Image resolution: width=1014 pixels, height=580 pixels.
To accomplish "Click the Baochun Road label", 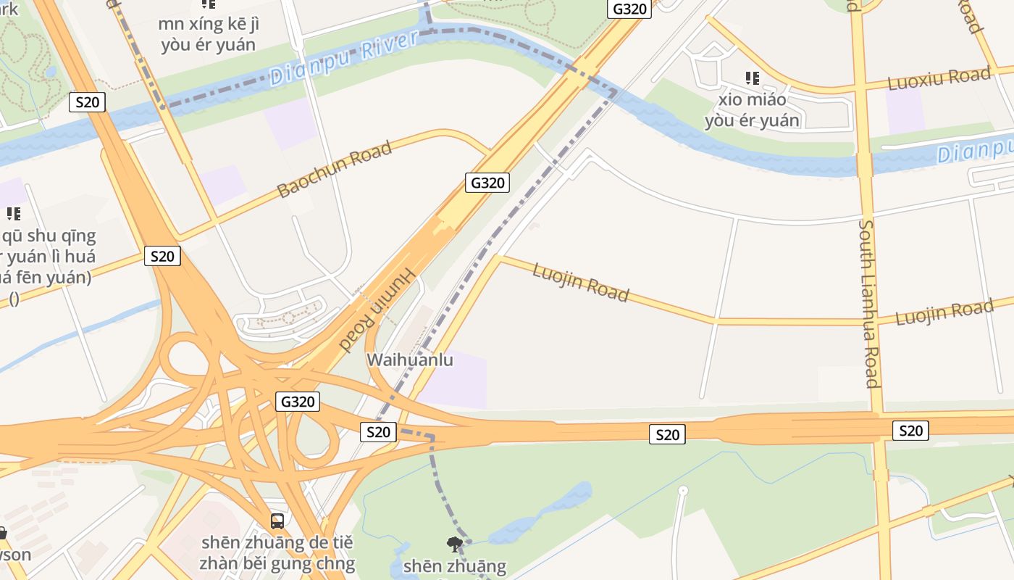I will click(x=335, y=169).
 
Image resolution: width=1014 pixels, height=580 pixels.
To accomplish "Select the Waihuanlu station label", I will click(x=410, y=360).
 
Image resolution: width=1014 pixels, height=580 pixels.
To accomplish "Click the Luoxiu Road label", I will click(x=939, y=78).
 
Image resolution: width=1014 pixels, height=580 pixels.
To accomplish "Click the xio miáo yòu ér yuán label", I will click(x=752, y=109).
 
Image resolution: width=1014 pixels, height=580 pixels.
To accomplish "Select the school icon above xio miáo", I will click(x=753, y=78).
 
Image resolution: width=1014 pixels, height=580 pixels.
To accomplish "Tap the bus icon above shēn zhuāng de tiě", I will click(x=277, y=521).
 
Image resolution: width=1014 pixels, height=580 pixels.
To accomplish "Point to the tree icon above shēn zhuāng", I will click(x=455, y=544).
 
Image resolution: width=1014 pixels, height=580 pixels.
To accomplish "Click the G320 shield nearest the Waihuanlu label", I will click(x=298, y=402).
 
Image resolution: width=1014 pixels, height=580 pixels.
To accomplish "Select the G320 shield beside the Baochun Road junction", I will click(x=487, y=183).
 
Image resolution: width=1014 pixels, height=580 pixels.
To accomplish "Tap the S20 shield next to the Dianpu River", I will click(x=87, y=102).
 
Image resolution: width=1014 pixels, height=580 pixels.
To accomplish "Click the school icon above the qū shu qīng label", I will click(x=14, y=214).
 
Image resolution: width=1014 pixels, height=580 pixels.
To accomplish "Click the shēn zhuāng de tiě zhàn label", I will click(x=277, y=552).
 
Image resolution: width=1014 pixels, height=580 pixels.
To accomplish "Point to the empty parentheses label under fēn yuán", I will click(x=14, y=298).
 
